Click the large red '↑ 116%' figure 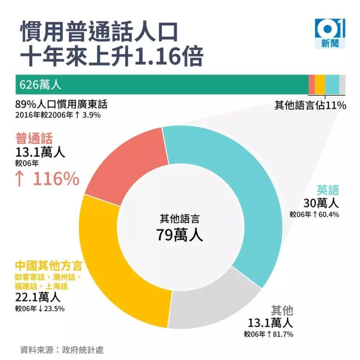47,179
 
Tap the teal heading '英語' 328,190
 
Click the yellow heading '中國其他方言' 49,266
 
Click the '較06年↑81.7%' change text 268,334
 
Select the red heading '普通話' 34,138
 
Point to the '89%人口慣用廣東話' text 61,105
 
